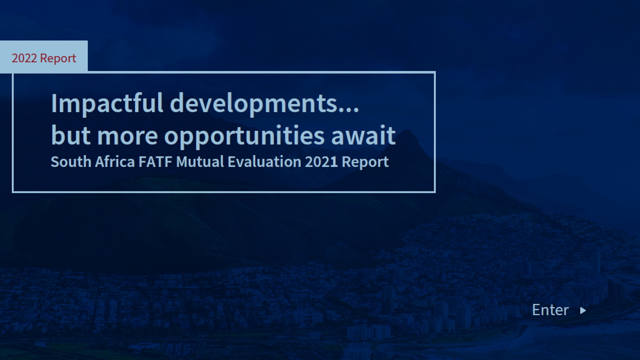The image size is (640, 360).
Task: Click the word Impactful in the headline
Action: pos(107,104)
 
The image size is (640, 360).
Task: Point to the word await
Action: pos(363,135)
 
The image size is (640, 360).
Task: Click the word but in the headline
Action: pos(71,135)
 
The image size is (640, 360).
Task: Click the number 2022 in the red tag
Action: pos(25,58)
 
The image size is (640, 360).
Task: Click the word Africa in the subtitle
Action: pos(115,162)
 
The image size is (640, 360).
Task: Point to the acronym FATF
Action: pos(155,162)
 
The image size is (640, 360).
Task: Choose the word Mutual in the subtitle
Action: pos(200,162)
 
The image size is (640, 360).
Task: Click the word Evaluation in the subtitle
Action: pos(265,162)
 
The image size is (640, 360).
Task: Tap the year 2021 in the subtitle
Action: pos(322,162)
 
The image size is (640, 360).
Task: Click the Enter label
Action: pos(550,310)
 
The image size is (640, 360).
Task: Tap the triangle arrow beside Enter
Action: pos(583,310)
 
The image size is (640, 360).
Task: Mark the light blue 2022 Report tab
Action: pos(44,56)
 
